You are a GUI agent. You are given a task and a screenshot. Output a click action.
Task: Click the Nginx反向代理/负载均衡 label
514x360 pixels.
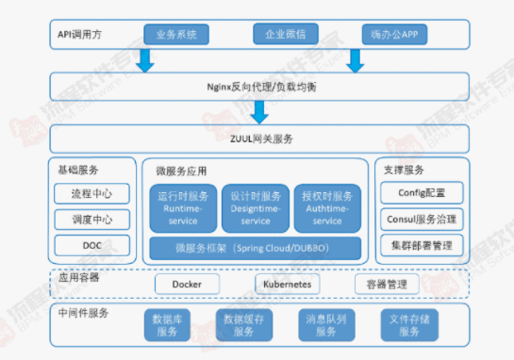[x=258, y=87]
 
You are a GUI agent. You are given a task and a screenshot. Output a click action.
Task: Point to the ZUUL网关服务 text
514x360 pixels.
[x=258, y=139]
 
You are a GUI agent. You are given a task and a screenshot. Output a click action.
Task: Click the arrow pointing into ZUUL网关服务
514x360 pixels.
[x=259, y=112]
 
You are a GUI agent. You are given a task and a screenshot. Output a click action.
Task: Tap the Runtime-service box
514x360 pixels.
[x=183, y=207]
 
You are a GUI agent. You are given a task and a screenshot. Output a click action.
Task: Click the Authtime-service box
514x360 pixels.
[x=328, y=207]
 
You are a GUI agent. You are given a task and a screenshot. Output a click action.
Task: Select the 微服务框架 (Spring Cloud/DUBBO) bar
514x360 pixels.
[x=256, y=249]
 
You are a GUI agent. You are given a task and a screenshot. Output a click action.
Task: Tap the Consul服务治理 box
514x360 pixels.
[x=422, y=220]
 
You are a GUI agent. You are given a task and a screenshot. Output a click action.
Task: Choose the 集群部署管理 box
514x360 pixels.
[x=422, y=245]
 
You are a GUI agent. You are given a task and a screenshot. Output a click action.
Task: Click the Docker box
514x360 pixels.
[x=187, y=284]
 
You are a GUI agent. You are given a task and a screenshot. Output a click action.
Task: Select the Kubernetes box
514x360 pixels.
[x=288, y=284]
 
